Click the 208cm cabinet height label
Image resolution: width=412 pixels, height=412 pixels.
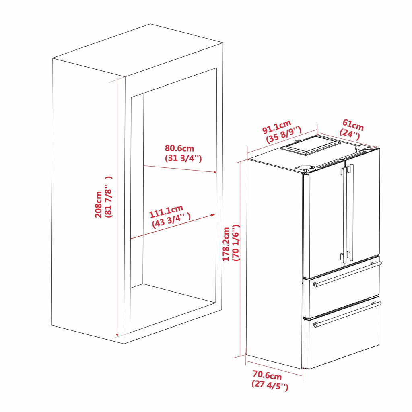(99, 204)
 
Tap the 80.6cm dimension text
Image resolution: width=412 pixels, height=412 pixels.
(179, 148)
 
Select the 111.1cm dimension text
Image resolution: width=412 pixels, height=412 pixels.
(166, 212)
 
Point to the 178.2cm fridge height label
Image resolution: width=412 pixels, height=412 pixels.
(226, 244)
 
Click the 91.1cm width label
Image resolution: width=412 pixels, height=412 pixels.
(277, 127)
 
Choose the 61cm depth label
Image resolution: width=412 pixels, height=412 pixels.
(353, 125)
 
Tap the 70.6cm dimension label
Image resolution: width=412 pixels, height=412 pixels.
(267, 375)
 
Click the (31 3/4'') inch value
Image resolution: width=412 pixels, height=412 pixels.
(183, 159)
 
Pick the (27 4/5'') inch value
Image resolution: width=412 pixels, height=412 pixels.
(270, 385)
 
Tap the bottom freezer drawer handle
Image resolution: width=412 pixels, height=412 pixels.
(347, 315)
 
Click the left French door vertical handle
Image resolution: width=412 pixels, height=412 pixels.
(344, 214)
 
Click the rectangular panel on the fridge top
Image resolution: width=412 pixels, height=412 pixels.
(311, 146)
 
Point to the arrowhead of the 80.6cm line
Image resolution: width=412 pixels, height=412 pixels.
(214, 172)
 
